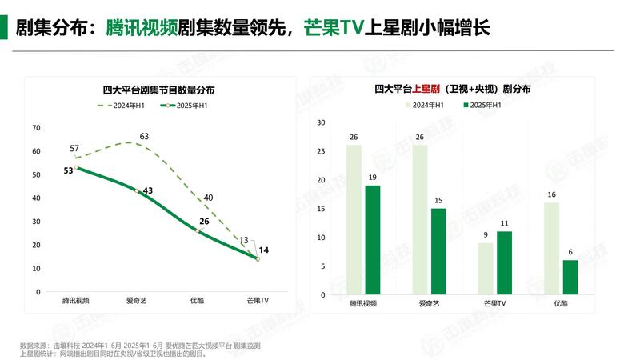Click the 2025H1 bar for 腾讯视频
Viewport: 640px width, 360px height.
pyautogui.click(x=373, y=240)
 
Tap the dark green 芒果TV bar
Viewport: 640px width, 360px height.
pyautogui.click(x=504, y=263)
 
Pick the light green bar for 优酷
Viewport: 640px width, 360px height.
pyautogui.click(x=551, y=249)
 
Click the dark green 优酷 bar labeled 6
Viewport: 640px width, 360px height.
pyautogui.click(x=570, y=278)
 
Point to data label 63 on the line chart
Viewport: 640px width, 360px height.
pyautogui.click(x=144, y=136)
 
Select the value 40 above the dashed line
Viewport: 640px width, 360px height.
pyautogui.click(x=208, y=198)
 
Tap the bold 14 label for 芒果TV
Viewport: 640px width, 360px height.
pyautogui.click(x=264, y=250)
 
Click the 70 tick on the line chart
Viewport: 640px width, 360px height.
pyautogui.click(x=35, y=128)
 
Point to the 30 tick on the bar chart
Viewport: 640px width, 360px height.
pyautogui.click(x=320, y=122)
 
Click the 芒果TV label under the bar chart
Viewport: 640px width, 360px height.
pyautogui.click(x=496, y=305)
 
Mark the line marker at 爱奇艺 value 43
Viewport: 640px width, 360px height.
pyautogui.click(x=138, y=190)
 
